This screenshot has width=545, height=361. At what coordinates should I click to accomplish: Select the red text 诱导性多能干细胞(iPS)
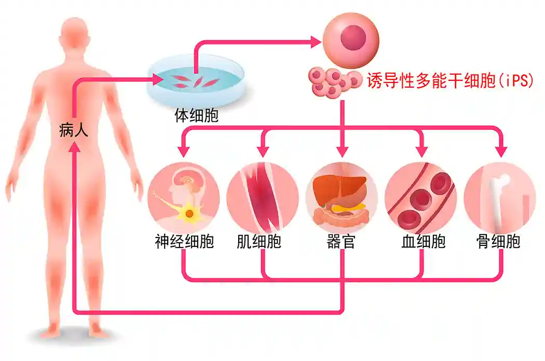click(x=450, y=81)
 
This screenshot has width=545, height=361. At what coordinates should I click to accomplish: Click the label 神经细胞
click(x=184, y=242)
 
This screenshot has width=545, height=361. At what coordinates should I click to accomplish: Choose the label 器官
click(x=341, y=242)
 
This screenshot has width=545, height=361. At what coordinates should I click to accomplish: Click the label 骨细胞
click(x=499, y=242)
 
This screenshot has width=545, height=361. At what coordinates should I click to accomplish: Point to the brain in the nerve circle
click(x=184, y=183)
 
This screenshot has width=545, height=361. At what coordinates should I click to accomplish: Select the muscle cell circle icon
click(x=263, y=197)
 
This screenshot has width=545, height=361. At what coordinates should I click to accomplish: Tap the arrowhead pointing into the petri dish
click(x=157, y=79)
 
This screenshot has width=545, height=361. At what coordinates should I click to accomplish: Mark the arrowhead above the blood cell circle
click(x=421, y=150)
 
